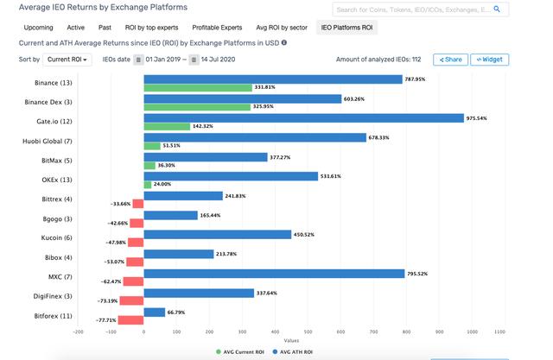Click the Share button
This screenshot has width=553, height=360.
coord(450,60)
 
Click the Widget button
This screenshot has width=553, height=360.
coord(489,60)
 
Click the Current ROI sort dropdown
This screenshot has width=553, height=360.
coord(68,60)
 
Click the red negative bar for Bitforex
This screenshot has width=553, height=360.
coord(130,319)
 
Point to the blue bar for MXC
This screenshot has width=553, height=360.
coord(274,273)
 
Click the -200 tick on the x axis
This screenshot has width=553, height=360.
coord(78,331)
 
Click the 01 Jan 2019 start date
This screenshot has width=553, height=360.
coord(162,60)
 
